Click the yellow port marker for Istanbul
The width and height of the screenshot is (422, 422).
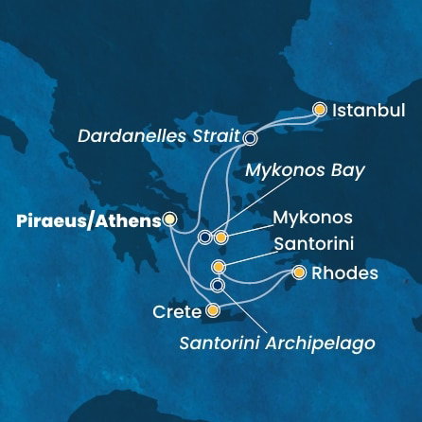tap(320, 110)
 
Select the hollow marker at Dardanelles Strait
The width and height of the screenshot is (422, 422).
tap(250, 137)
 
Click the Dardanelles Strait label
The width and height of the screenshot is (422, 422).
tap(158, 136)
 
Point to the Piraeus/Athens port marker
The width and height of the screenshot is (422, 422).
tap(169, 219)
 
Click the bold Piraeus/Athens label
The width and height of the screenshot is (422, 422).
tap(90, 220)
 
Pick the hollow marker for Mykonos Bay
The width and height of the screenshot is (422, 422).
tap(204, 237)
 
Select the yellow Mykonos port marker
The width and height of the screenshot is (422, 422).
tap(220, 237)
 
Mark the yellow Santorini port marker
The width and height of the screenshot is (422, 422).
tap(219, 267)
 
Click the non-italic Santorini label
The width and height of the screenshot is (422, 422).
tap(313, 244)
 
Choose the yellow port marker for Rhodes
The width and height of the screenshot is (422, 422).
tap(299, 273)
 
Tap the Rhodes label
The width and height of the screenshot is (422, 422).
tap(344, 274)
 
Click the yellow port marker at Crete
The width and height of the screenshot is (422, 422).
tap(213, 309)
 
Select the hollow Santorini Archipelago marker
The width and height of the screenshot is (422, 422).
tap(218, 285)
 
